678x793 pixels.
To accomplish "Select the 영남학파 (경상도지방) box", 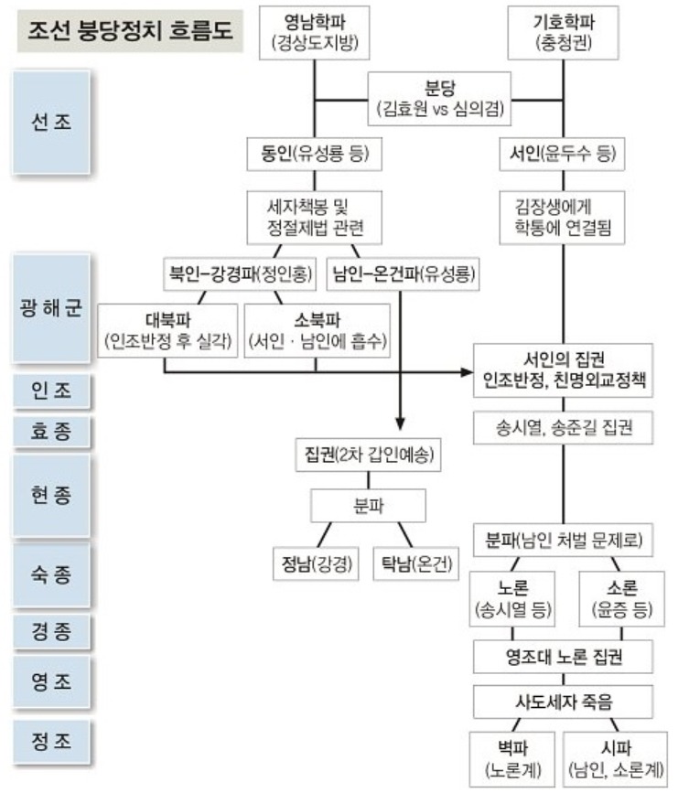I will coord(314,32).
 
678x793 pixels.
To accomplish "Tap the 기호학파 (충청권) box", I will coord(562,32).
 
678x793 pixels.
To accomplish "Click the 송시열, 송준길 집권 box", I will coord(562,424).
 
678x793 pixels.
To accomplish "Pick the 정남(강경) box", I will coord(317,560).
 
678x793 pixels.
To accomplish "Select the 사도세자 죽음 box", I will coord(562,702).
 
